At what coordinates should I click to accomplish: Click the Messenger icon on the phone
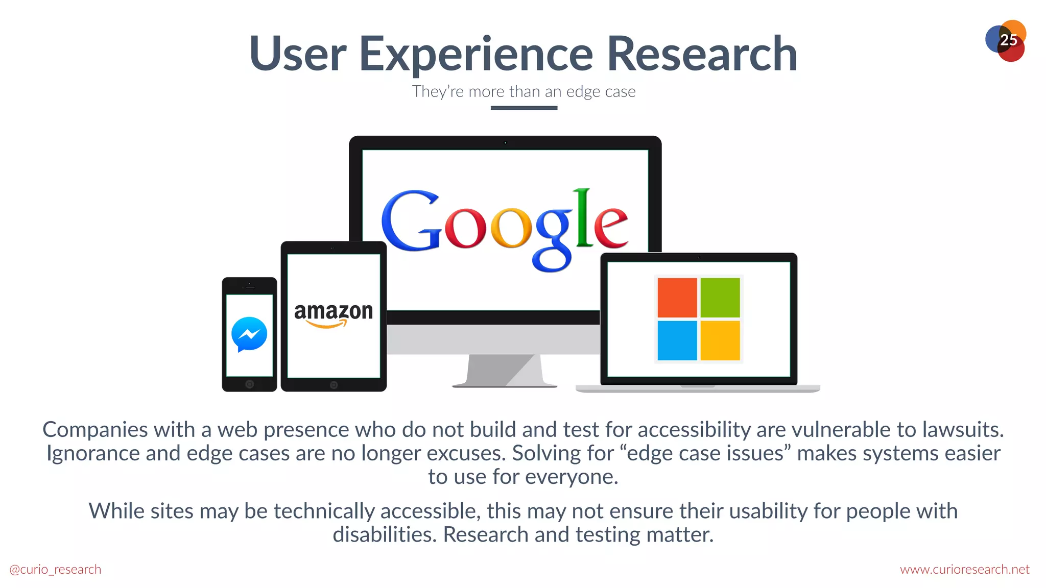click(249, 334)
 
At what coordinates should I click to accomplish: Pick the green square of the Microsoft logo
click(720, 298)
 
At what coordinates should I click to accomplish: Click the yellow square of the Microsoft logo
click(720, 340)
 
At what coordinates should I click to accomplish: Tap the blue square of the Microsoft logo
click(677, 340)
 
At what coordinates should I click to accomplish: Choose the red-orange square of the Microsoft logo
click(677, 298)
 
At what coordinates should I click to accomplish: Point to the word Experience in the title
click(476, 55)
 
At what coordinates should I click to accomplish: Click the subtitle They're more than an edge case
click(524, 92)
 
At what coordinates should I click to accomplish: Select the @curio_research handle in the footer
click(55, 570)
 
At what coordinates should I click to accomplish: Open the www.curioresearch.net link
click(964, 570)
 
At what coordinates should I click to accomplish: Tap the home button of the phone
click(249, 384)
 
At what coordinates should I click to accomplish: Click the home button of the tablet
click(334, 385)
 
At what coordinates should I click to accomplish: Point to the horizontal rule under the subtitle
click(524, 108)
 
